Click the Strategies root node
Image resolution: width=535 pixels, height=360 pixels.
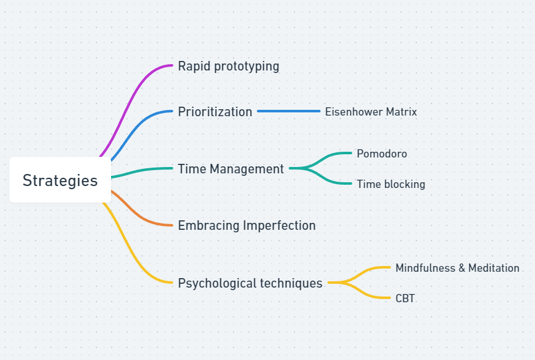(x=60, y=180)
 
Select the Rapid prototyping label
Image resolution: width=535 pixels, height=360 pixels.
(x=228, y=66)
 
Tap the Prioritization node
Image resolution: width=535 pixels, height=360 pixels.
(x=215, y=112)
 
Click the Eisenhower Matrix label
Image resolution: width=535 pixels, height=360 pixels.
(x=371, y=112)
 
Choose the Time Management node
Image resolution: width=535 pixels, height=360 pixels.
(x=230, y=169)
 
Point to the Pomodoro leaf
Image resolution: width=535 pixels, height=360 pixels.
(x=381, y=154)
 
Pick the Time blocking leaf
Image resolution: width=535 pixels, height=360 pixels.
(x=390, y=184)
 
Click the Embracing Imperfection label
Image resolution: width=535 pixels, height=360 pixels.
(x=246, y=225)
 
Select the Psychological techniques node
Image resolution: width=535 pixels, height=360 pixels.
(x=250, y=283)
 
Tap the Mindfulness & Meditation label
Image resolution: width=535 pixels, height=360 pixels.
(x=457, y=268)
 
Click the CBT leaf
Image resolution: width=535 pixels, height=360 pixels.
(x=405, y=298)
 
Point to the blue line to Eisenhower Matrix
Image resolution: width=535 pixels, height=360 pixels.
(x=289, y=112)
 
